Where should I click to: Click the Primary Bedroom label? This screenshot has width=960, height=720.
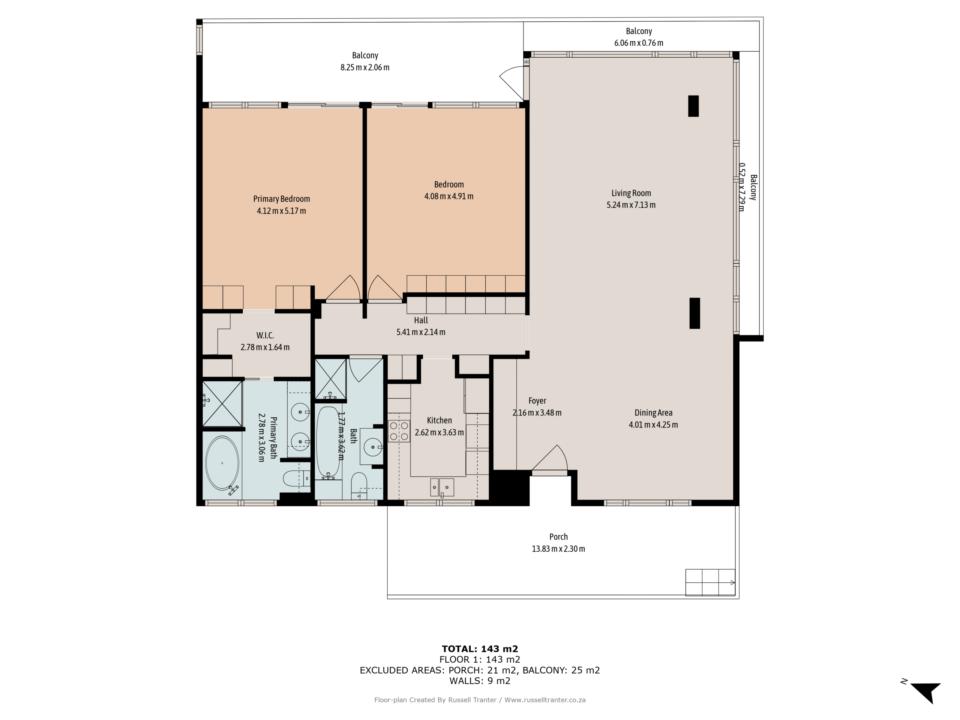pos(281,199)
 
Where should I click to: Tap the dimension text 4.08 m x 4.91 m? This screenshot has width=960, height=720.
pos(448,196)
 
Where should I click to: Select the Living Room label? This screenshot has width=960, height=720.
pos(631,193)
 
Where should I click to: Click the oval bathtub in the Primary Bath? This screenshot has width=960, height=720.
pos(222,463)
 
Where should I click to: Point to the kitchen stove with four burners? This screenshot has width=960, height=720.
pos(398,431)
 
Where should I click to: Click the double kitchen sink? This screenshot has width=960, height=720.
pos(441,487)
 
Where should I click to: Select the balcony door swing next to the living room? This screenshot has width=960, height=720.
pos(513,82)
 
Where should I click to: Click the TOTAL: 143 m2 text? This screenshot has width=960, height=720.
pos(480,649)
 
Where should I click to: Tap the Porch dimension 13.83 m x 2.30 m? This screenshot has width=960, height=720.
pos(558,549)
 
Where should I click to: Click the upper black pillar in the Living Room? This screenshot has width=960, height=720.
pos(693,106)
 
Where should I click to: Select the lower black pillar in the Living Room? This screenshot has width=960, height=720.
pos(694,313)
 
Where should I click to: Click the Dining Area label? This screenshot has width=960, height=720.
pos(653,413)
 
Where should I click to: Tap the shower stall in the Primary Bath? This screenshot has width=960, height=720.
pos(222,404)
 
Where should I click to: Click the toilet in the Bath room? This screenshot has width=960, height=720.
pos(358,485)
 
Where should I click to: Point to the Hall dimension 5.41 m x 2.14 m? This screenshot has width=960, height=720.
pos(420,332)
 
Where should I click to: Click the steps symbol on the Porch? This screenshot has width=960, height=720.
pos(709,582)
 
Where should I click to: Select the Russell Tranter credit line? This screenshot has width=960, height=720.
pos(480,700)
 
